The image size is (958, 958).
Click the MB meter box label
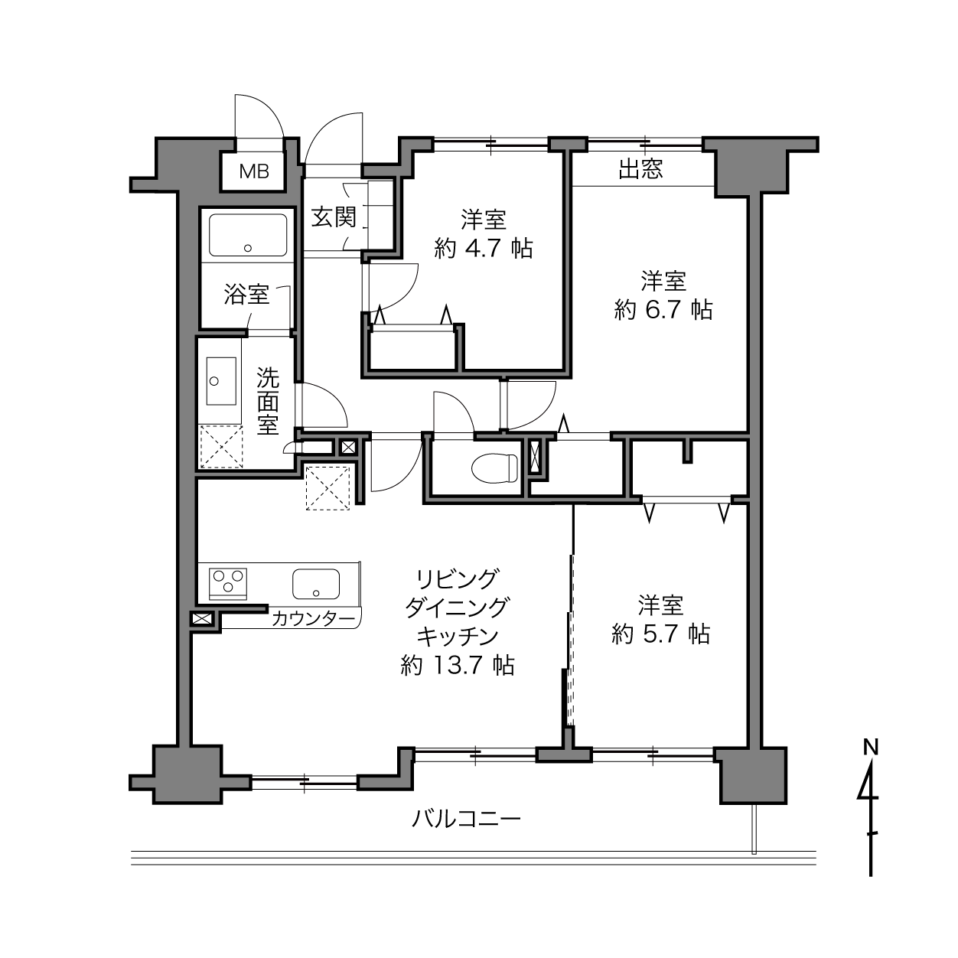[254, 171]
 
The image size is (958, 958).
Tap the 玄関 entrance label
[334, 217]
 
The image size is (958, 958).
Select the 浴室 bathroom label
[246, 295]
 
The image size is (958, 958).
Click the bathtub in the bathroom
[248, 235]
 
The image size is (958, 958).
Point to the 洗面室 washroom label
[268, 401]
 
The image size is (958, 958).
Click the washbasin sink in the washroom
[220, 381]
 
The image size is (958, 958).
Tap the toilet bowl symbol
[494, 468]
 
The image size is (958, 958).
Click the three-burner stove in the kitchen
[228, 584]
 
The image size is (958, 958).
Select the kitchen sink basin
[316, 584]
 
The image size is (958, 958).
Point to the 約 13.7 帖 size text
[458, 665]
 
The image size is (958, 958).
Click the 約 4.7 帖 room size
[484, 248]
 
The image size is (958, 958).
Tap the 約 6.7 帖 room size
[663, 310]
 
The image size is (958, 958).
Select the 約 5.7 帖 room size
[660, 634]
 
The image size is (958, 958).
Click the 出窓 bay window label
[640, 169]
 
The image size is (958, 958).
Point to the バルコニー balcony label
[466, 818]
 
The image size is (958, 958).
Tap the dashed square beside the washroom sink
[221, 446]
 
